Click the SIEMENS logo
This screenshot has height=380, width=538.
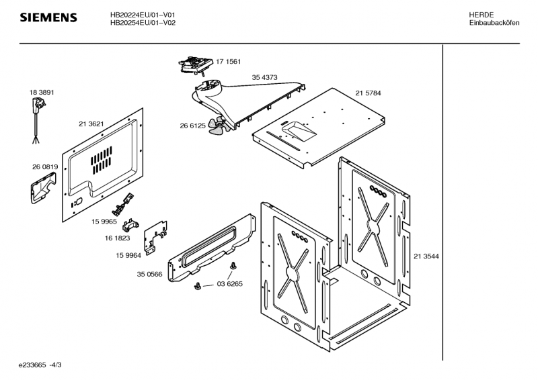(48, 17)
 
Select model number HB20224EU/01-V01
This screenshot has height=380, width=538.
(143, 14)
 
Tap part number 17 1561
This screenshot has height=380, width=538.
(228, 62)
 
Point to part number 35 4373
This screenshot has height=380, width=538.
(264, 77)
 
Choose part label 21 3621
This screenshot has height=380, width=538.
(91, 124)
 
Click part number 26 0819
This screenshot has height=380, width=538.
(44, 167)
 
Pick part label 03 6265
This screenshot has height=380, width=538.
(229, 284)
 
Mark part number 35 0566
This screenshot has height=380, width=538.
(149, 275)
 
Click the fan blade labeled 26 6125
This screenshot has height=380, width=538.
(216, 127)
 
